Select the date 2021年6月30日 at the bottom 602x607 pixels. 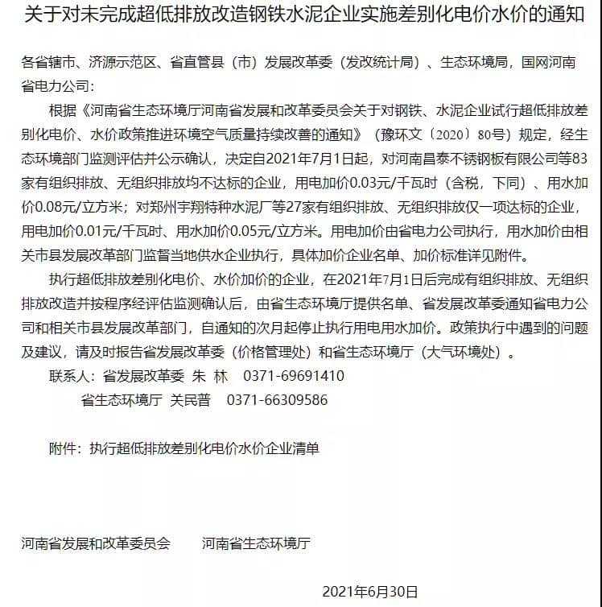point(370,592)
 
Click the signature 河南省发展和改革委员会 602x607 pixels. point(96,543)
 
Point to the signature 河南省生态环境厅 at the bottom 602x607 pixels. point(256,543)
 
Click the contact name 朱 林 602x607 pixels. point(212,376)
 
